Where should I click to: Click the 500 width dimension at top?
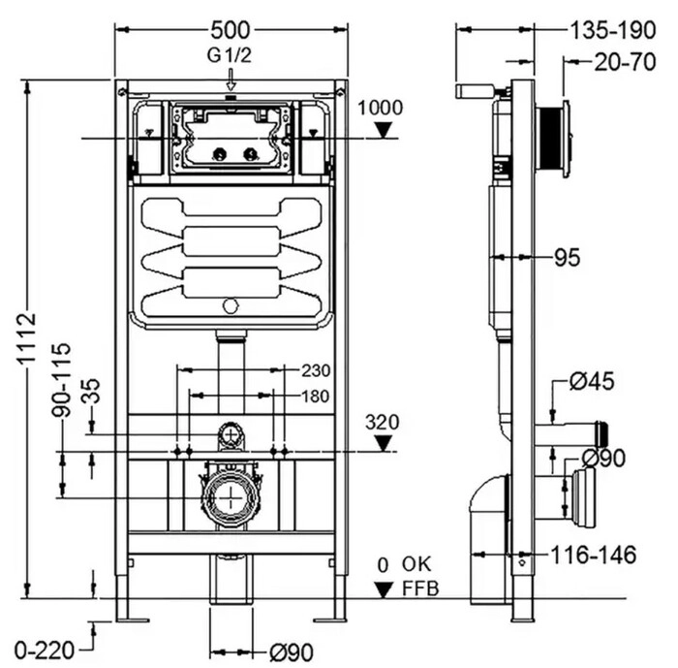[231, 30]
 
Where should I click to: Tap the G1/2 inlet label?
[230, 55]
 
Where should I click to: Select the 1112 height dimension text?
[28, 339]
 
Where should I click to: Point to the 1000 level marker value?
[380, 108]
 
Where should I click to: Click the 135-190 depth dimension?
[613, 30]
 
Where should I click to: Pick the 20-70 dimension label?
[626, 62]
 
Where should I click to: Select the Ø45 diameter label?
[592, 381]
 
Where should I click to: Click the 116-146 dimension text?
[594, 555]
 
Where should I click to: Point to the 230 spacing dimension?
[316, 370]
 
